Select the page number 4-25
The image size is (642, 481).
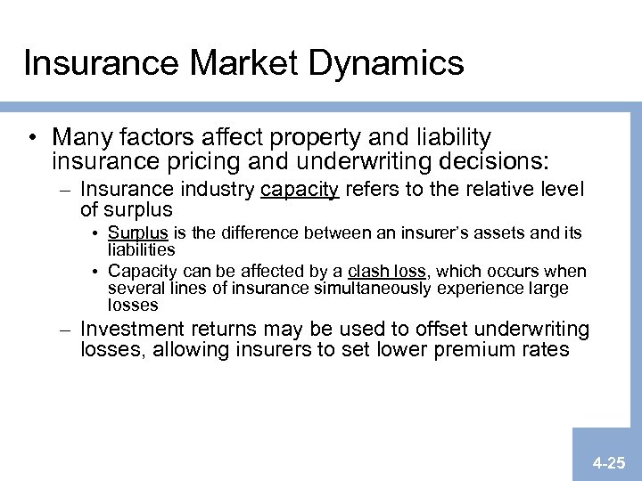coord(611,463)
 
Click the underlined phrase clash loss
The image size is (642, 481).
coord(389,271)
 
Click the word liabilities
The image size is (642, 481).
coord(141,250)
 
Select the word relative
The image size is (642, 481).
coord(490,189)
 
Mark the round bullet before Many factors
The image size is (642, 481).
coord(33,139)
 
